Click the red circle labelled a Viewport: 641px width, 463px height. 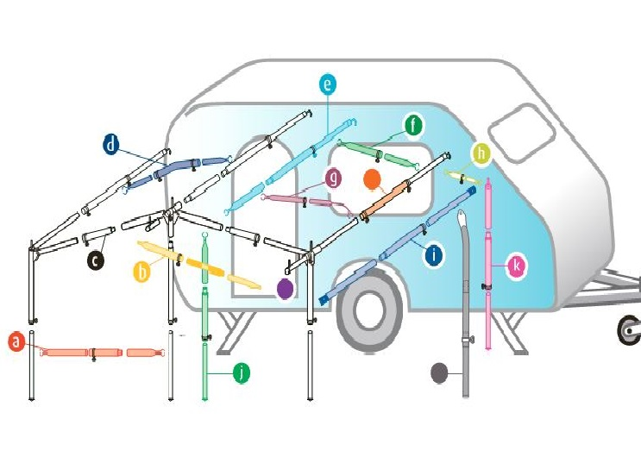(x=16, y=342)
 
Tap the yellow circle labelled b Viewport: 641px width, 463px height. (x=143, y=272)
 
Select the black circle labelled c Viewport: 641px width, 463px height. (x=95, y=258)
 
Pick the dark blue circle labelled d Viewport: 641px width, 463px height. (x=111, y=145)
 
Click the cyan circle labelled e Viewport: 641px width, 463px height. (x=327, y=84)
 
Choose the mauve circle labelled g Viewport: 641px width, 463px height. (x=333, y=178)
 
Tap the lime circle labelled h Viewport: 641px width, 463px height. (x=481, y=154)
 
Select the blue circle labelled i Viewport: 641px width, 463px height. (x=433, y=254)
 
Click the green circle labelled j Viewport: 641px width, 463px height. (x=242, y=372)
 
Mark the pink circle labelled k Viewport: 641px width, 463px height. (x=516, y=266)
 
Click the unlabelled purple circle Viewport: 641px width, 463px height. (x=284, y=289)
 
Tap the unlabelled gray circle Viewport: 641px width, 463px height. (x=439, y=373)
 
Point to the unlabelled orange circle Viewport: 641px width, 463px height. (x=373, y=180)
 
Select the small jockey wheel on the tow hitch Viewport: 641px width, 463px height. (x=628, y=331)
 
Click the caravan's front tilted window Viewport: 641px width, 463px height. (x=525, y=131)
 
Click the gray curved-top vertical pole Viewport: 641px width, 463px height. (x=466, y=302)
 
